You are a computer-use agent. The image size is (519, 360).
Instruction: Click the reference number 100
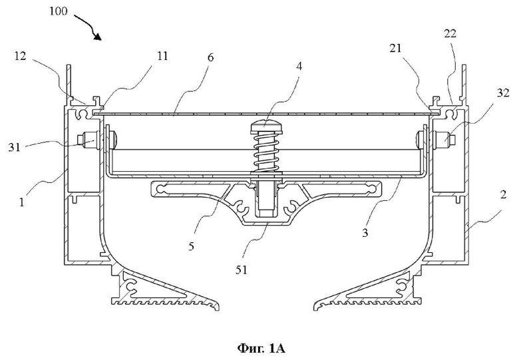(59, 11)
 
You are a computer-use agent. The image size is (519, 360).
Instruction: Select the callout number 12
(20, 57)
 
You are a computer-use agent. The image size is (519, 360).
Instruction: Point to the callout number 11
(162, 56)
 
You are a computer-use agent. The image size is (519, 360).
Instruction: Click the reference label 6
(211, 57)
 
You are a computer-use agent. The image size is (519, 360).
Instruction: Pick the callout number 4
(299, 66)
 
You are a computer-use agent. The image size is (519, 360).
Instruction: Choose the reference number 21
(395, 49)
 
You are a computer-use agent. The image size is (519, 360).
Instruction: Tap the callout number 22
(450, 33)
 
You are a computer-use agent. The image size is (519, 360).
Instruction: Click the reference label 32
(503, 93)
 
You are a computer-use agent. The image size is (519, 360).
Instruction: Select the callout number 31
(14, 147)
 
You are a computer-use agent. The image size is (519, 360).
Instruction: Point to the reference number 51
(242, 270)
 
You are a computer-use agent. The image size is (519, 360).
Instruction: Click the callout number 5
(192, 246)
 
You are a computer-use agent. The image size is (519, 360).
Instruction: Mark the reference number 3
(365, 233)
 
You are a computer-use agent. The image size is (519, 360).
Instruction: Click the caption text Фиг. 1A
(261, 349)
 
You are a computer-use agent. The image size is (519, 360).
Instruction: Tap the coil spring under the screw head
(267, 152)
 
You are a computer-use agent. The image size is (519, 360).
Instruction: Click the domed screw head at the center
(267, 127)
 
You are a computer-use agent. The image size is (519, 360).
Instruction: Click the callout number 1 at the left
(22, 202)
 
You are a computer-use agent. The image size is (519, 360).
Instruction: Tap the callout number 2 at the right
(503, 194)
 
